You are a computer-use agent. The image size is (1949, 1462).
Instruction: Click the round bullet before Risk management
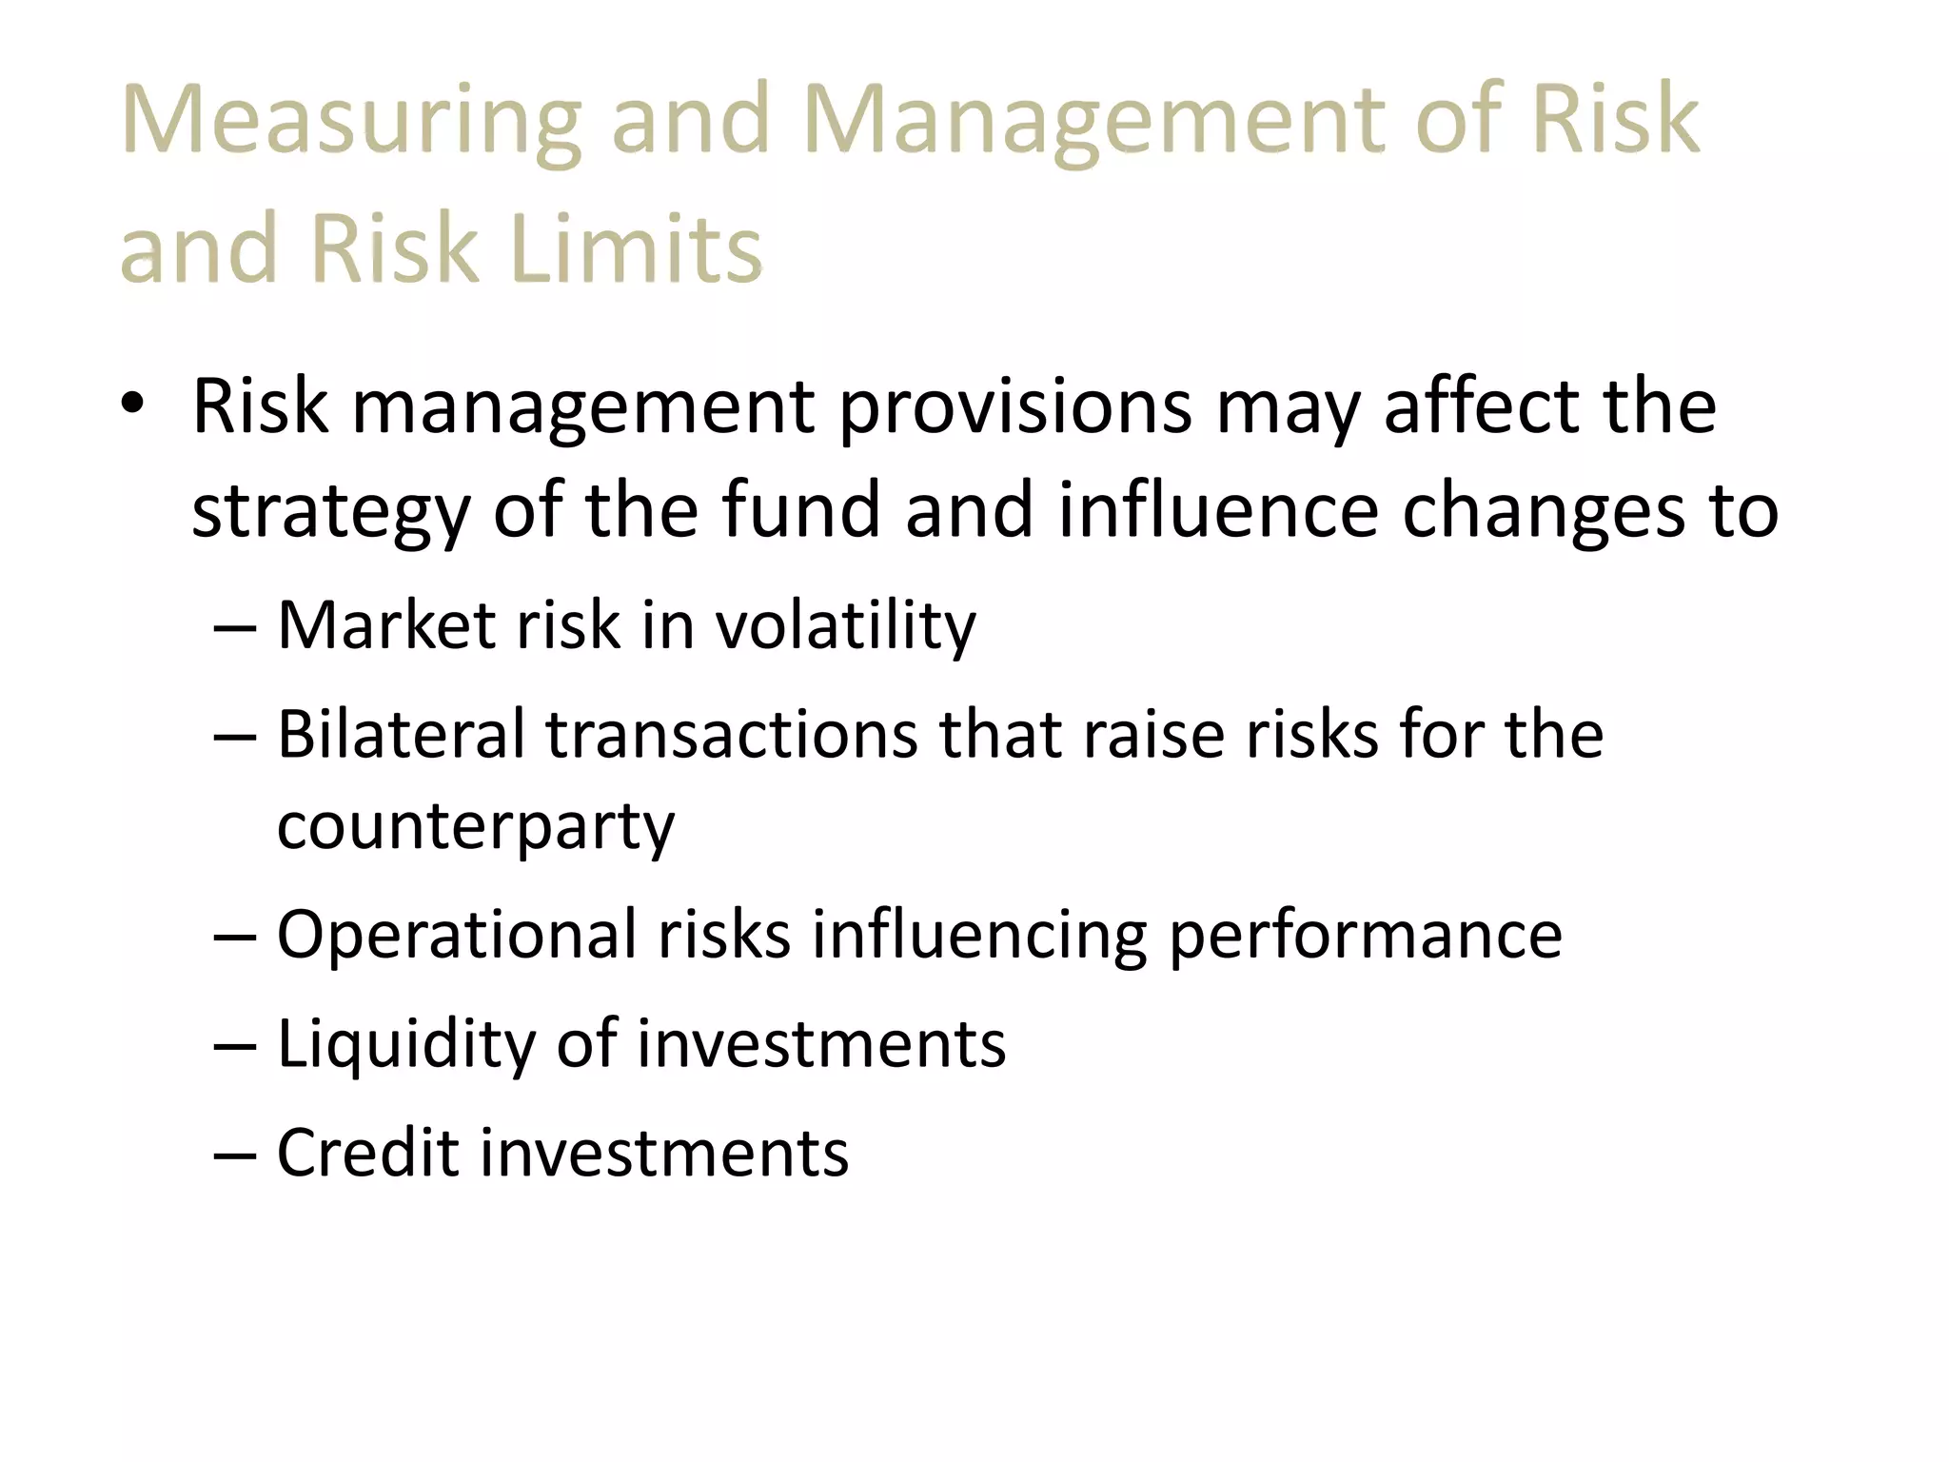[132, 404]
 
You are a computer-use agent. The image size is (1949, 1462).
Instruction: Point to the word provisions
[1014, 407]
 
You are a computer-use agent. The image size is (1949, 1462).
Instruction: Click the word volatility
[845, 628]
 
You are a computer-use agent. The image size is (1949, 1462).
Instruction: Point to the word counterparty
[475, 828]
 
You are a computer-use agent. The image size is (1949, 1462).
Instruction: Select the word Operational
[456, 936]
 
